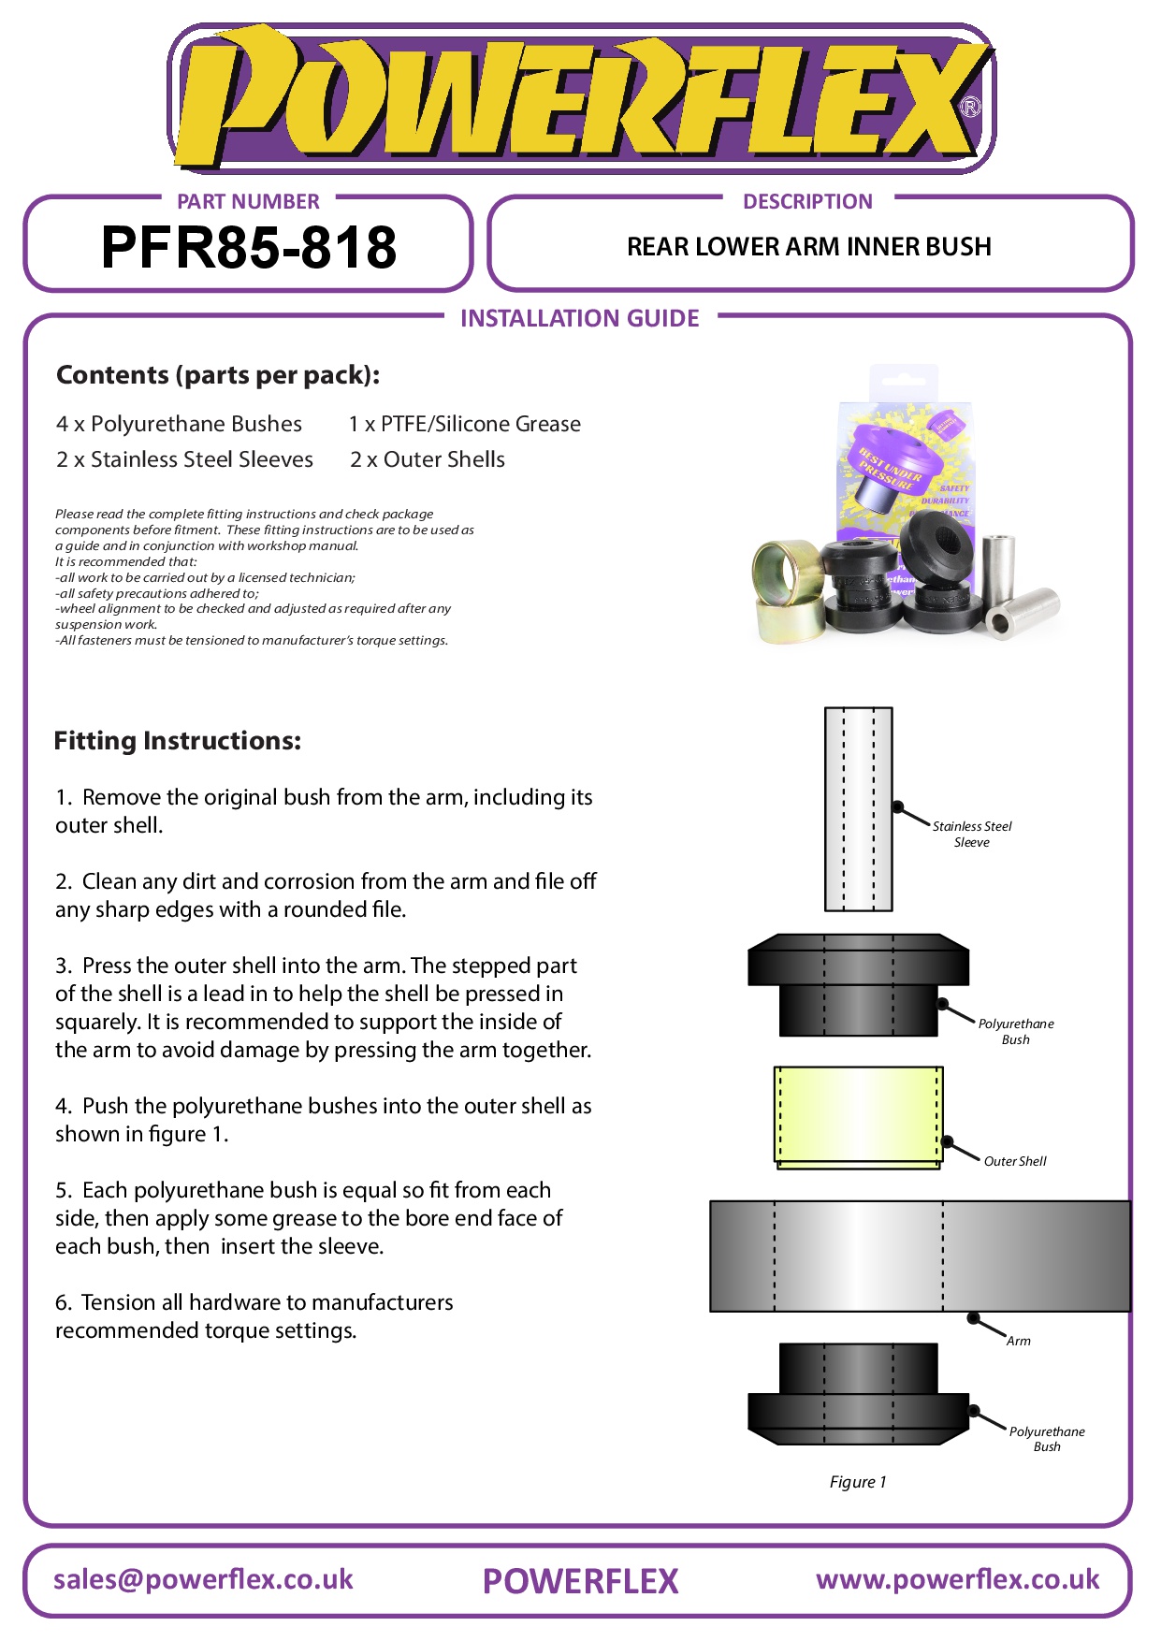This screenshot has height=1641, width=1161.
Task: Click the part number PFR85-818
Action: click(248, 248)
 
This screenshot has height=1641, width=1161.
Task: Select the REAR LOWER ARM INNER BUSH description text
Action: click(808, 247)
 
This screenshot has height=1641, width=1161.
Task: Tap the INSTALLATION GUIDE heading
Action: click(579, 319)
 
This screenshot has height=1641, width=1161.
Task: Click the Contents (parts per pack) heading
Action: click(218, 375)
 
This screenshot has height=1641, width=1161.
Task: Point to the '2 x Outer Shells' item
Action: click(428, 459)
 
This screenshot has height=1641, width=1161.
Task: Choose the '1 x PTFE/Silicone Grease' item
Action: click(464, 424)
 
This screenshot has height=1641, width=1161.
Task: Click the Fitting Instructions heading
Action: click(178, 741)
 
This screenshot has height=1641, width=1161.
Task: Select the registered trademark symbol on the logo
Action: click(971, 107)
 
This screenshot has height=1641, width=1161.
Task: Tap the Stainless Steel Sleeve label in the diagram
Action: click(972, 834)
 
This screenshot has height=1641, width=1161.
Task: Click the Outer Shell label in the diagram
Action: click(1015, 1161)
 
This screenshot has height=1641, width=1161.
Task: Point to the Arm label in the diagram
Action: click(1018, 1341)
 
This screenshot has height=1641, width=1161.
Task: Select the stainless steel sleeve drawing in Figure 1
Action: click(858, 809)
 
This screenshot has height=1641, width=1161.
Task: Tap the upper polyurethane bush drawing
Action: click(858, 984)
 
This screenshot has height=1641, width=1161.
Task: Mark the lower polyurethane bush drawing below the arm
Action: click(858, 1394)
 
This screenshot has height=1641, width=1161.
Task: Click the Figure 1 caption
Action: click(857, 1482)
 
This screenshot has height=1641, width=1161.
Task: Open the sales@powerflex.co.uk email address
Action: click(203, 1579)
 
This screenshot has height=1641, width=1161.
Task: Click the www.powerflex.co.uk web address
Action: click(957, 1579)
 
